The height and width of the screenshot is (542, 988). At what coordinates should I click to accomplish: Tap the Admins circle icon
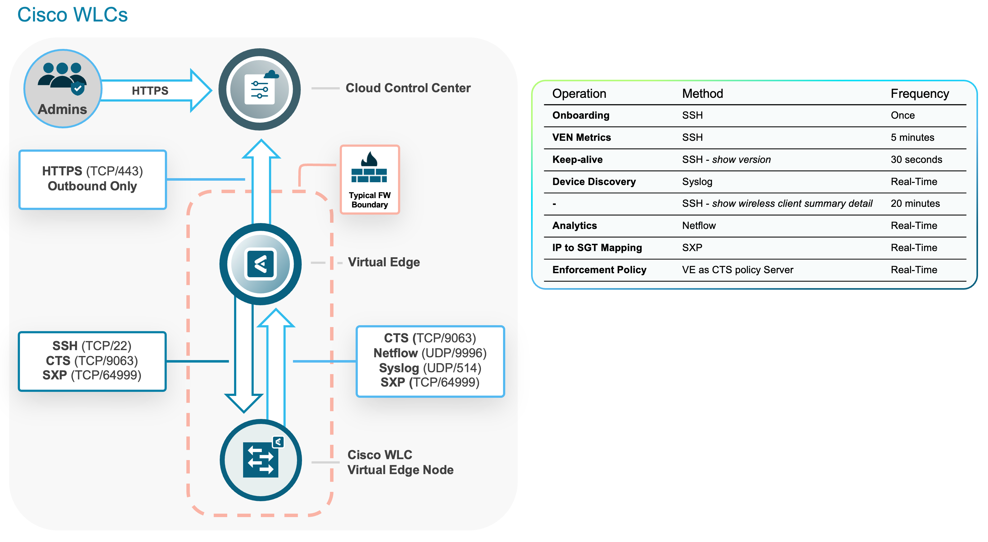[x=63, y=88]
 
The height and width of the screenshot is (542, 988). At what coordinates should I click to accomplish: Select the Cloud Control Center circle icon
[x=260, y=89]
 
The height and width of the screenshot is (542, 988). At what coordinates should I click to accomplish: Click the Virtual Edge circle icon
[x=261, y=264]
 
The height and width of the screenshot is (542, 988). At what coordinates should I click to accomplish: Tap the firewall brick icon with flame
[x=369, y=167]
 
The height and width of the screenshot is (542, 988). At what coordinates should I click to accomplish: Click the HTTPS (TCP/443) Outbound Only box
[x=93, y=179]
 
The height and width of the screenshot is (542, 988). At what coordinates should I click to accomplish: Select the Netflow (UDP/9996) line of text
[x=430, y=353]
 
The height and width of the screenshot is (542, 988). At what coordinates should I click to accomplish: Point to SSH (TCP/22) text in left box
[x=92, y=345]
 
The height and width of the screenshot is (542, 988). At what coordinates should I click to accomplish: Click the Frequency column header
[x=920, y=93]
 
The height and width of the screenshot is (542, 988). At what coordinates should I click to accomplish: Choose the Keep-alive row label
[x=577, y=159]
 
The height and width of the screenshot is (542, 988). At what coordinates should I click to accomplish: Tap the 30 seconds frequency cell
[x=916, y=159]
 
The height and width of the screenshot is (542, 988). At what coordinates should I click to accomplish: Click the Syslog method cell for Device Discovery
[x=697, y=182]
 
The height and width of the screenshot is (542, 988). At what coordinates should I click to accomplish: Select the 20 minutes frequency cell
[x=915, y=203]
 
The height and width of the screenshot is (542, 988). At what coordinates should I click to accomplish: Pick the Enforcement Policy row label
[x=599, y=270]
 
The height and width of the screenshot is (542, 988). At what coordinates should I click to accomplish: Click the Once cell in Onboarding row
[x=903, y=115]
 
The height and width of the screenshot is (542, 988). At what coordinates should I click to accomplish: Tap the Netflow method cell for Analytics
[x=699, y=226]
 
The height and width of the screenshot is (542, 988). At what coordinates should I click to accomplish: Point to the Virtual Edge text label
[x=384, y=262]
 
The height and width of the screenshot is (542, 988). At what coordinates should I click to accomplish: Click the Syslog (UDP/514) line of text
[x=430, y=368]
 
